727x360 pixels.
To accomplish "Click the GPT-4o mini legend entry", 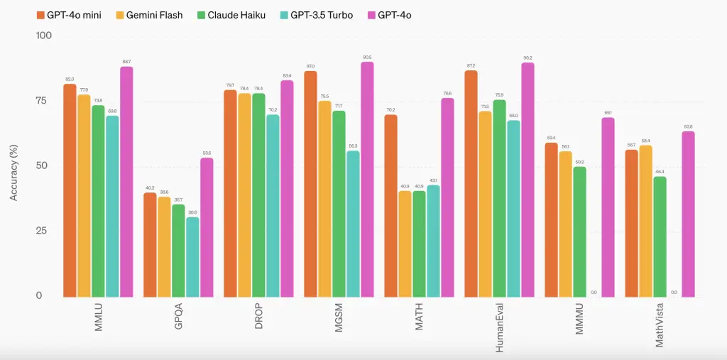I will (68, 15).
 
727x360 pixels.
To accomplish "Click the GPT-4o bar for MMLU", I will (126, 181).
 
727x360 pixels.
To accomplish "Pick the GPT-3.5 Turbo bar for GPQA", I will (192, 256).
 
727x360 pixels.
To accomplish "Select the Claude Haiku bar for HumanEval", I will (499, 198).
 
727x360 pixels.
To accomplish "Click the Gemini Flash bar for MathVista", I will (645, 221).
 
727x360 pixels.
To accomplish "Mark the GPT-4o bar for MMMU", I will (608, 207).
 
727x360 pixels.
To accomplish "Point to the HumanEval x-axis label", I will (500, 327).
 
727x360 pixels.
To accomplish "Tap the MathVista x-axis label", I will (660, 324).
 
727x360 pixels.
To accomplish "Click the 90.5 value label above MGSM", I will (367, 57).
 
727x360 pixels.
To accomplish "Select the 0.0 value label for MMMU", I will (594, 292).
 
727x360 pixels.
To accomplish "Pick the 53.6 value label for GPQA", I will (207, 153).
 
